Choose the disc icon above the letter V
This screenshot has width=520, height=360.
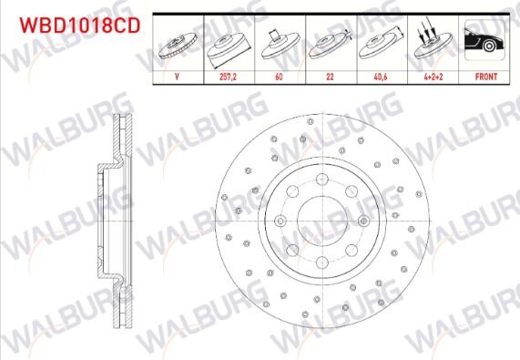point(177,46)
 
